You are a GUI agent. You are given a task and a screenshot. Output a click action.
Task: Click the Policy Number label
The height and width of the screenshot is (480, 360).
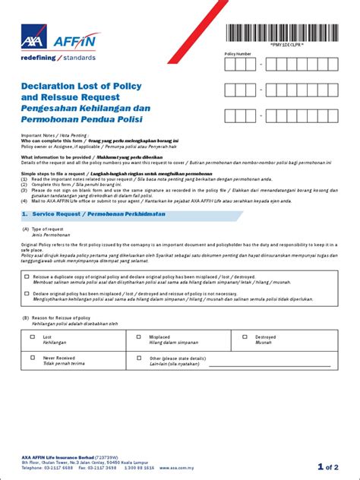237,54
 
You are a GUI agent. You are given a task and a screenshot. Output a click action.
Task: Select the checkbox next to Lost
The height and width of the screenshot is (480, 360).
32,336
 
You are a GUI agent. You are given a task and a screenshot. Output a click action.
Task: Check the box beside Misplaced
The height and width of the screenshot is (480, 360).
138,336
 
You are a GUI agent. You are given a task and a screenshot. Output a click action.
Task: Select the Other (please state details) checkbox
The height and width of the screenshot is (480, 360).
138,357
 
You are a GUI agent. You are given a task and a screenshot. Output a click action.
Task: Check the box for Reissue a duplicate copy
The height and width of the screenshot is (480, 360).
27,278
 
